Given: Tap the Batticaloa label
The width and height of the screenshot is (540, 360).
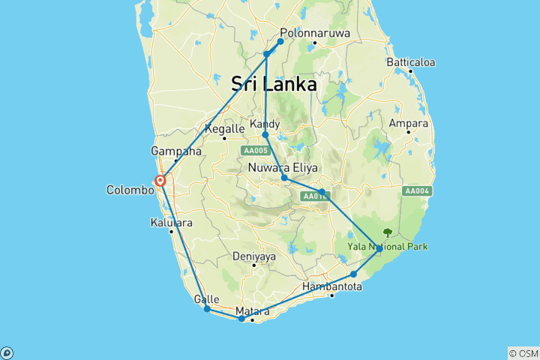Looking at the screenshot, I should (410, 62).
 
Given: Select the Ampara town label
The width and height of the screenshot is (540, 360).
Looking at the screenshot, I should (408, 123).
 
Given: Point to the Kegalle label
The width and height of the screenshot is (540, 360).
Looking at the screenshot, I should (225, 129).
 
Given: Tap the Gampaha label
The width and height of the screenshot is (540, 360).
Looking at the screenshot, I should (177, 151).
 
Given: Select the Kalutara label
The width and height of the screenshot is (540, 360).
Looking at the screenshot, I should (172, 223).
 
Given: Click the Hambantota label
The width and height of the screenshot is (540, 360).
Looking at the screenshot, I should (332, 286).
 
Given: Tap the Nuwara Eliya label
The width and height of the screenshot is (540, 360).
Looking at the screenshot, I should (283, 167).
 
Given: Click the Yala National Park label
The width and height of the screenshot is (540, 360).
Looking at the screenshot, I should (387, 246).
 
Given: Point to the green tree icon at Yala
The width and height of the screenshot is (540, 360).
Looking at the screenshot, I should (388, 232).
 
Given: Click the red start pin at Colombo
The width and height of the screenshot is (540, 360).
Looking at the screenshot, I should (160, 181).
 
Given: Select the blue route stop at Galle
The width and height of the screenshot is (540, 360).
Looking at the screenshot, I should (207, 309).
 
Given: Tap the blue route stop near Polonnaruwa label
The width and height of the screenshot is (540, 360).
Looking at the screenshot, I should (280, 41).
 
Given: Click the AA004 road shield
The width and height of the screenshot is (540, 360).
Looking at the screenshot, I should (417, 191).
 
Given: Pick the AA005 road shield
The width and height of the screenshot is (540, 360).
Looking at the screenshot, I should (253, 150).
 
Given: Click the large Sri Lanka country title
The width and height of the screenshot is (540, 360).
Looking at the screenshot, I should (274, 84).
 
